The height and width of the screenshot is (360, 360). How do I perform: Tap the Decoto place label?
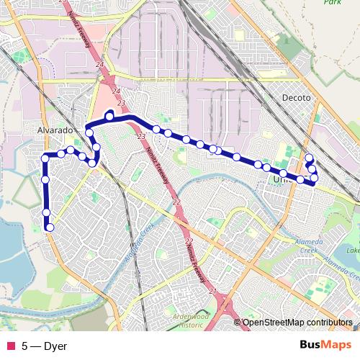click(296, 98)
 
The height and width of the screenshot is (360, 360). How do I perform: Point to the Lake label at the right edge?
click(353, 251)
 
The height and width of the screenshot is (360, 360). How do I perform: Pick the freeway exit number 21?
click(212, 291)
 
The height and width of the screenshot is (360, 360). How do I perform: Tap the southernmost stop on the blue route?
click(50, 228)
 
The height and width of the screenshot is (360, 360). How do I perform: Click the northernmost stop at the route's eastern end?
click(309, 158)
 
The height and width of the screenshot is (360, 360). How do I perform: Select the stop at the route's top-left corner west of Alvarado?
click(45, 158)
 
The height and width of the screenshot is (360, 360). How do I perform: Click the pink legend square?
click(10, 346)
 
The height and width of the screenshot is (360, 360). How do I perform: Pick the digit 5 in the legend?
click(24, 346)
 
